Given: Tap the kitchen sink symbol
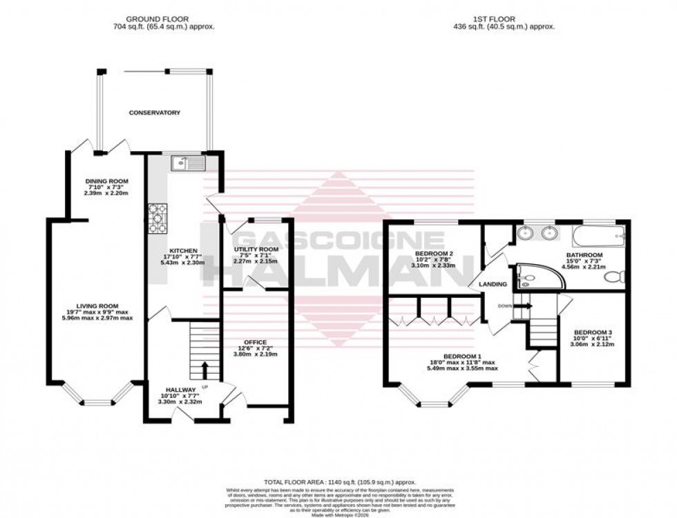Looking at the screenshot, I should click(187, 163).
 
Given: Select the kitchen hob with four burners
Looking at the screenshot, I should click(157, 219).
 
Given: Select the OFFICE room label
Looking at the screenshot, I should click(254, 343).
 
